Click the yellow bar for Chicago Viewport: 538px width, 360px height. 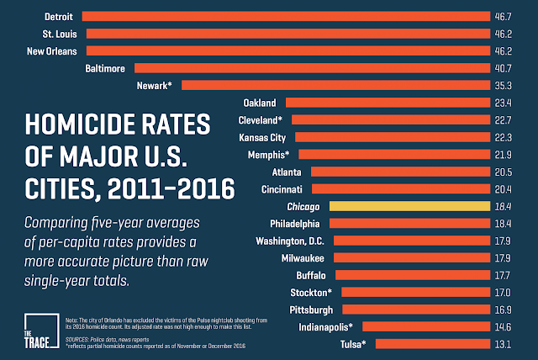pyautogui.click(x=409, y=206)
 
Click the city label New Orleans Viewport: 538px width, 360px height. pyautogui.click(x=53, y=50)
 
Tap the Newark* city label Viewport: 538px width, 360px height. pyautogui.click(x=154, y=85)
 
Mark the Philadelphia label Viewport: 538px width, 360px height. pyautogui.click(x=294, y=224)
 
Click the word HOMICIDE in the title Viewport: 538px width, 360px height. pyautogui.click(x=78, y=127)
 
